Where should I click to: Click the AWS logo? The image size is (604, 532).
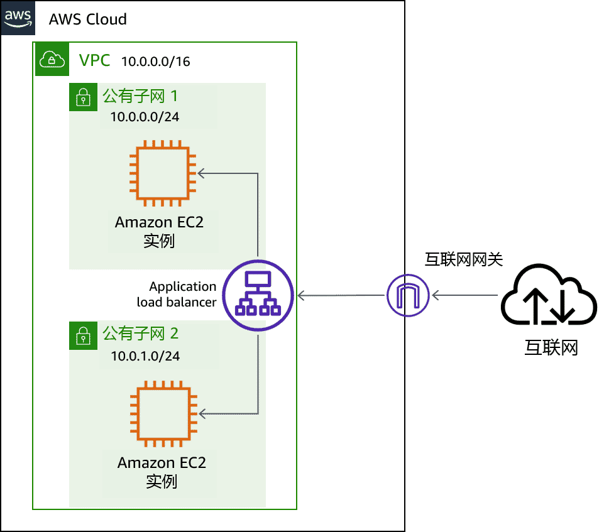(18, 17)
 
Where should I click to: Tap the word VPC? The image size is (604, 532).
(94, 60)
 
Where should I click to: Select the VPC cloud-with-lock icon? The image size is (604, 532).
(52, 60)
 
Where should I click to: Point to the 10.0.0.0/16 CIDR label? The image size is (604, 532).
(156, 62)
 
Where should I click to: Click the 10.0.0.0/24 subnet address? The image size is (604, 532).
(145, 117)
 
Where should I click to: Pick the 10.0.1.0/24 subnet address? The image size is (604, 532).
(145, 356)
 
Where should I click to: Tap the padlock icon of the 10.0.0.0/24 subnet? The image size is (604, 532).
(82, 97)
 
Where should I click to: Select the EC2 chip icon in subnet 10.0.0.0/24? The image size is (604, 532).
(160, 175)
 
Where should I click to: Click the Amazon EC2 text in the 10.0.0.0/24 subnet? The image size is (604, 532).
(159, 222)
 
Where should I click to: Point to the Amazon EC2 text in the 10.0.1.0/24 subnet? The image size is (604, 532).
(162, 463)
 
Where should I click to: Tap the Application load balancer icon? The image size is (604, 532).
(258, 295)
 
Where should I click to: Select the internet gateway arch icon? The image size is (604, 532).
(408, 295)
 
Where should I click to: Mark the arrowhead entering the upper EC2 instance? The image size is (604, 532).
(200, 173)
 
